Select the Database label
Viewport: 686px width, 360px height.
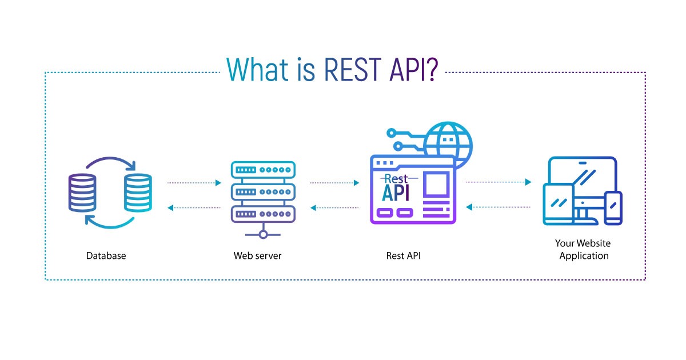click(106, 256)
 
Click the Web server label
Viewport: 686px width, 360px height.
click(257, 256)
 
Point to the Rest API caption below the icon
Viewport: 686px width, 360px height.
click(404, 256)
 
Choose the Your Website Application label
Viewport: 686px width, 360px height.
click(584, 250)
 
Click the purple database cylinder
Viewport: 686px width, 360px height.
click(82, 193)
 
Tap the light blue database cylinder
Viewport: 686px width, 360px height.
click(138, 193)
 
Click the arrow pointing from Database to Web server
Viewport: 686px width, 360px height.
click(194, 183)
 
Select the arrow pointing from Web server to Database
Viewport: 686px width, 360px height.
click(194, 208)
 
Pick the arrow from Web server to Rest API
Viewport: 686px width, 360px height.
click(334, 183)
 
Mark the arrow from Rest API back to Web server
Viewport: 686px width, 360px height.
click(334, 208)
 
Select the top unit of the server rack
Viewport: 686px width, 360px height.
click(263, 170)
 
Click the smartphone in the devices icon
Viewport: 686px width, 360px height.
click(613, 207)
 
